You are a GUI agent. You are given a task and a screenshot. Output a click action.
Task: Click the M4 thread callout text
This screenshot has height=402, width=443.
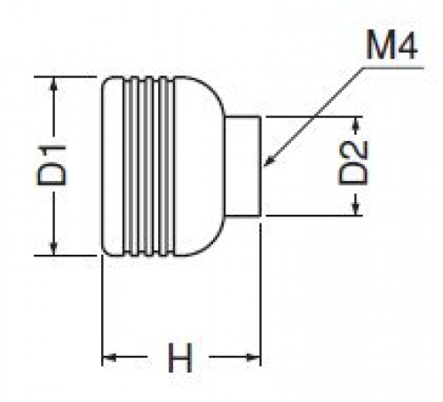(x=392, y=45)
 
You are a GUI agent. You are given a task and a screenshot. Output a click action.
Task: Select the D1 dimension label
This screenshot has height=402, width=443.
(x=52, y=165)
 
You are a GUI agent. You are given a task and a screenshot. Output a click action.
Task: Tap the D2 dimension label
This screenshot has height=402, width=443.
(x=353, y=162)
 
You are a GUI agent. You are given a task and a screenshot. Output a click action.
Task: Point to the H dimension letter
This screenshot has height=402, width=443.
(x=180, y=358)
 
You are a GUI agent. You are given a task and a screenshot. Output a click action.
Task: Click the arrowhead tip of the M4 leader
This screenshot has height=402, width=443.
(x=265, y=167)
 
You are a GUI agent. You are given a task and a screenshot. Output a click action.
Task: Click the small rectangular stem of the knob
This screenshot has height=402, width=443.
(x=242, y=166)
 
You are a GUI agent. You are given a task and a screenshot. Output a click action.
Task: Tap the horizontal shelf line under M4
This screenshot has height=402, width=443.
(x=393, y=68)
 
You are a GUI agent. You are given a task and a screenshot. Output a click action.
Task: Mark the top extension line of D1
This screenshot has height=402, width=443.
(x=66, y=76)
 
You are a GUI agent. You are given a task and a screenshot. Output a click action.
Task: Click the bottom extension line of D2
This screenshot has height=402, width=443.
(x=314, y=216)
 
